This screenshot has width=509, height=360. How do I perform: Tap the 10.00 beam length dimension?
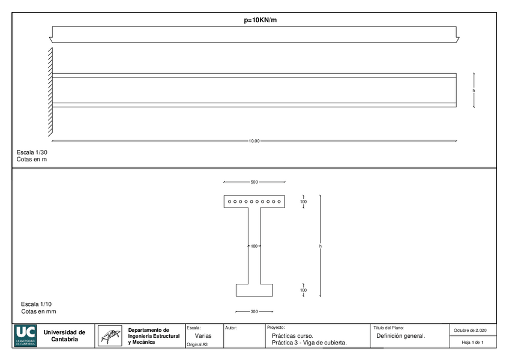pyautogui.click(x=254, y=141)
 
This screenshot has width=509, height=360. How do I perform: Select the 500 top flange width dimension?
pyautogui.click(x=254, y=181)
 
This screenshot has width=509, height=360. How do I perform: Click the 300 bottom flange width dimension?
pyautogui.click(x=254, y=311)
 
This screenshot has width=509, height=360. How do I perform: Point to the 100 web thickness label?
pyautogui.click(x=253, y=246)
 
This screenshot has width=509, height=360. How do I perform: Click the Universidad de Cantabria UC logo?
pyautogui.click(x=26, y=336)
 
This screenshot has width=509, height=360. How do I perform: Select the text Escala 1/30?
pyautogui.click(x=32, y=152)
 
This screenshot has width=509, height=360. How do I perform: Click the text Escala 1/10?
pyautogui.click(x=37, y=304)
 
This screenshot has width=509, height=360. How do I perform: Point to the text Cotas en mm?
pyautogui.click(x=38, y=311)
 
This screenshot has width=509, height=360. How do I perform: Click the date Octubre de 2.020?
pyautogui.click(x=473, y=330)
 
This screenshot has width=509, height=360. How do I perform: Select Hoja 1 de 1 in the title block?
pyautogui.click(x=472, y=342)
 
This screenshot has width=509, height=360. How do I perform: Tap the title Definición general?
pyautogui.click(x=400, y=335)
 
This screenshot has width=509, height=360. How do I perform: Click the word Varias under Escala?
pyautogui.click(x=203, y=335)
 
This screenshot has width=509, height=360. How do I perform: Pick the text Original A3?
pyautogui.click(x=197, y=344)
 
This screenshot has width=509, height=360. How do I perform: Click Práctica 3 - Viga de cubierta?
pyautogui.click(x=309, y=343)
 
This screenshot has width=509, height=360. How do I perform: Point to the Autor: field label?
pyautogui.click(x=231, y=328)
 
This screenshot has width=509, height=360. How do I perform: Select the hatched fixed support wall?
pyautogui.click(x=50, y=91)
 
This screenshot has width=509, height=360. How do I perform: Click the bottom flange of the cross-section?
pyautogui.click(x=254, y=290)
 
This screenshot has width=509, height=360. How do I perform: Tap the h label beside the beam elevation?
pyautogui.click(x=474, y=91)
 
